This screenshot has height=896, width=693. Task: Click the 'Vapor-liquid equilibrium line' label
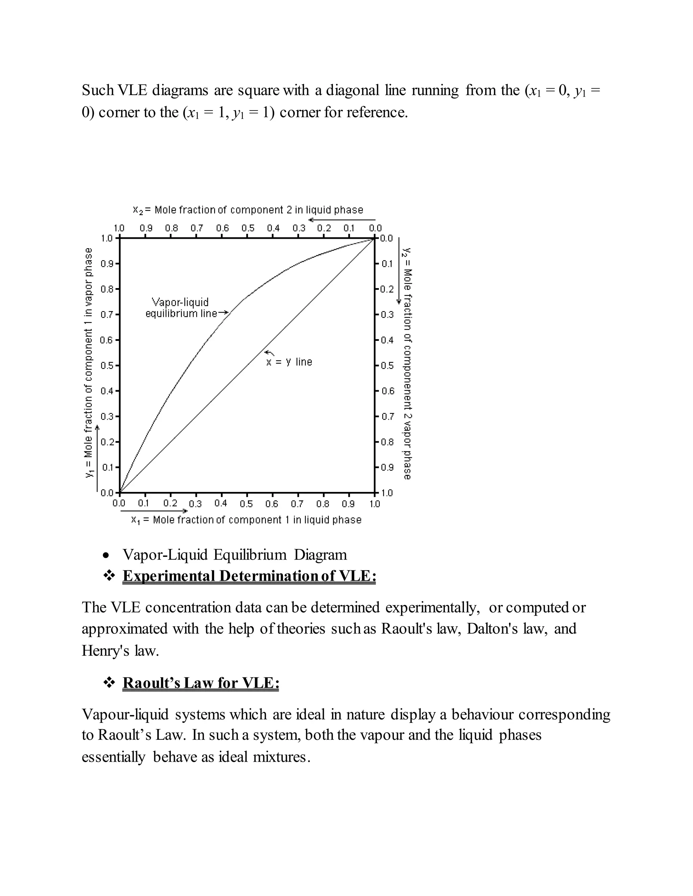[181, 308]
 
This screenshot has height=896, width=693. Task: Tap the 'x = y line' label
[289, 362]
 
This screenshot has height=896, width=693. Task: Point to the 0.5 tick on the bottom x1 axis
[246, 503]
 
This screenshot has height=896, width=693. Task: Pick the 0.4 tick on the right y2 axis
[387, 340]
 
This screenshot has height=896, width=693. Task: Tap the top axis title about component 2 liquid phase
[248, 210]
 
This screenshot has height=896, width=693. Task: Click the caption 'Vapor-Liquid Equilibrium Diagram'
[234, 555]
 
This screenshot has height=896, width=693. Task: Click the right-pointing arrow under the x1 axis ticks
[154, 511]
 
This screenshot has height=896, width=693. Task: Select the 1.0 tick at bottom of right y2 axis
[387, 493]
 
